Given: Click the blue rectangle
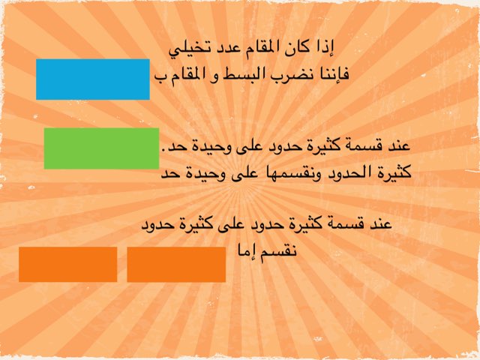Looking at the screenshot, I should pos(93,79).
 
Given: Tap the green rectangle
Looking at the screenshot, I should pos(101,148).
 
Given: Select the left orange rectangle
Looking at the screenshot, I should pos(67,264).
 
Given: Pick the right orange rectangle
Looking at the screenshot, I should pos(176,264).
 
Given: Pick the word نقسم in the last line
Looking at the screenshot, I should pos(283,252).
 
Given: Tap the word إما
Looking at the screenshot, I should pos(247,252).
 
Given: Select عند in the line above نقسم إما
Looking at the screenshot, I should pos(382,224).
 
